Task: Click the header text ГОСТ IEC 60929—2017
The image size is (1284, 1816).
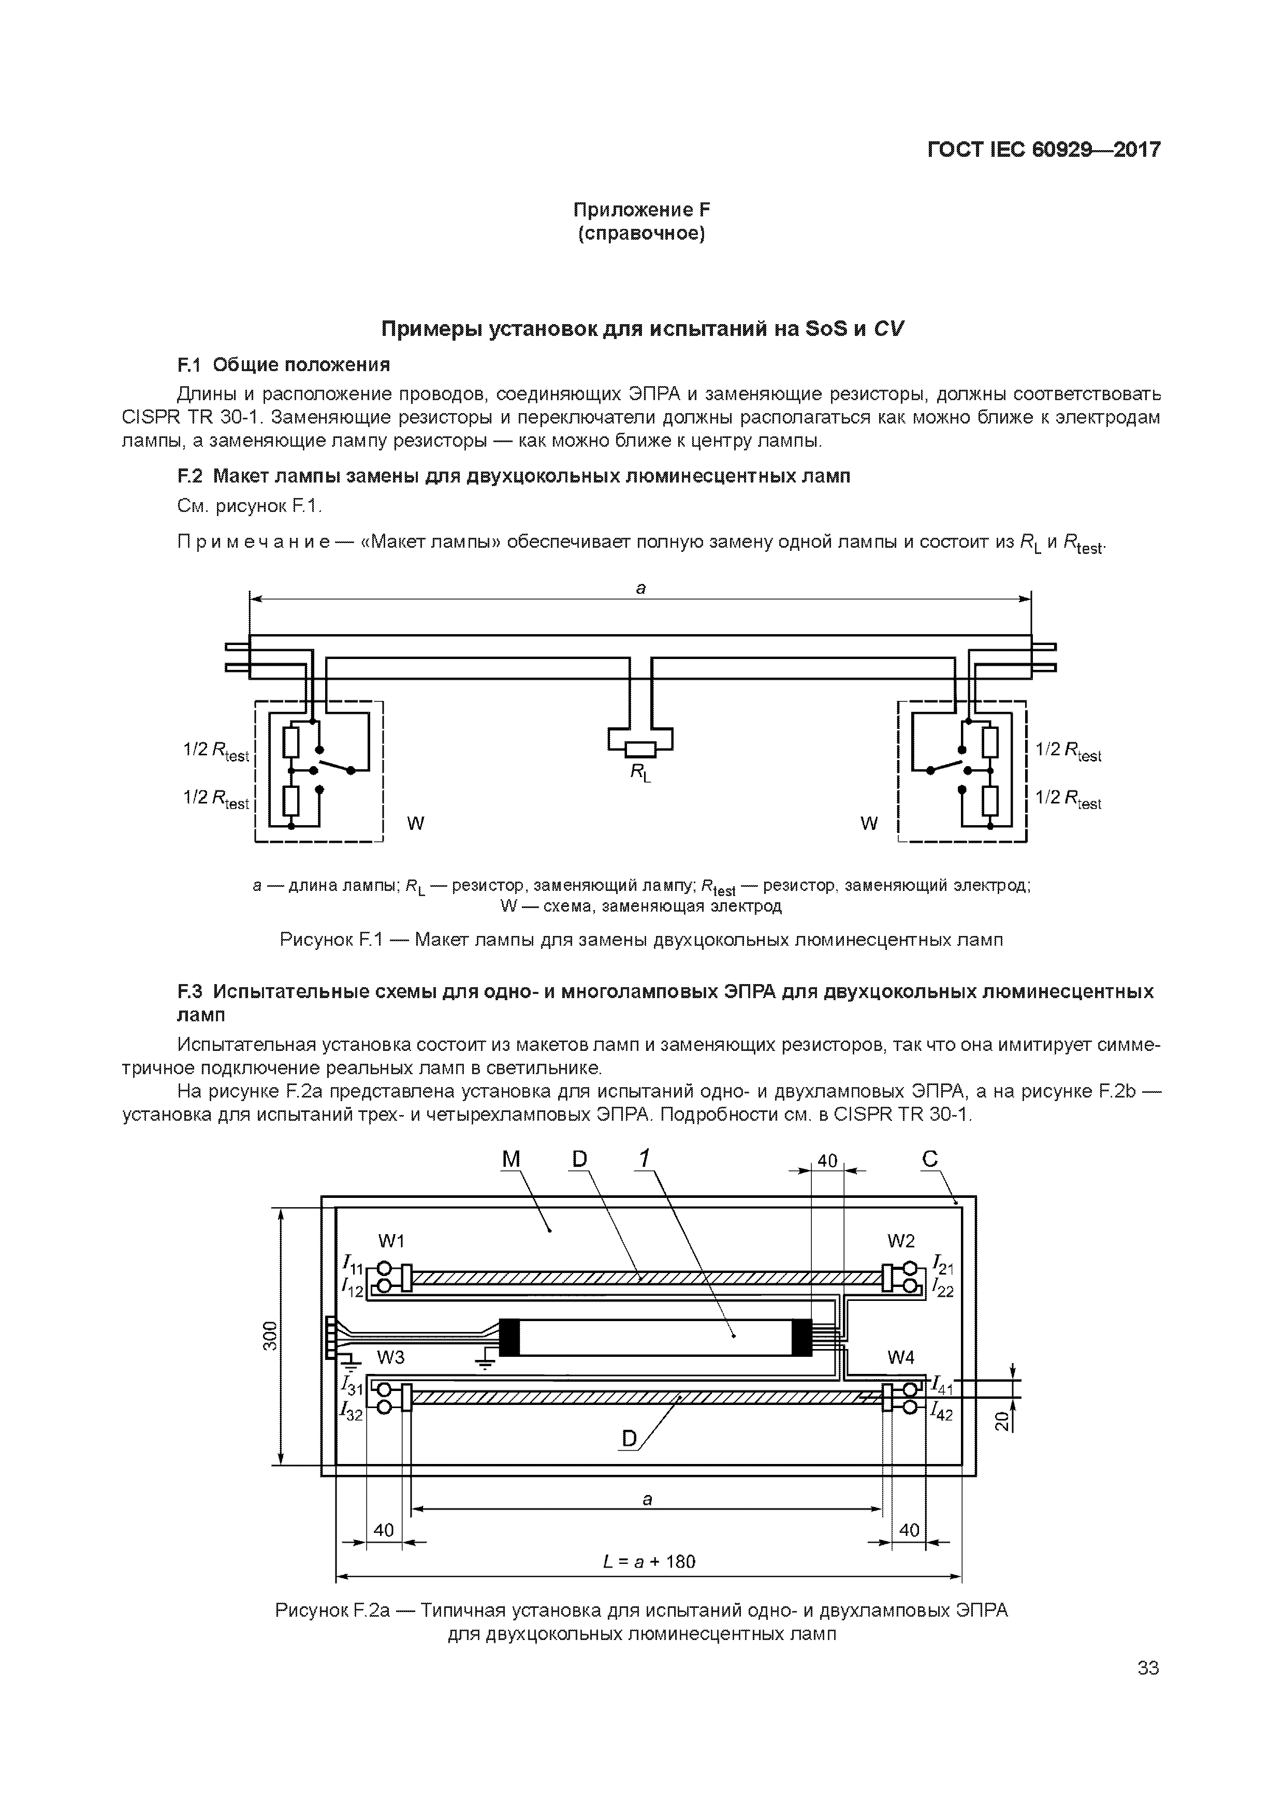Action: click(x=1043, y=150)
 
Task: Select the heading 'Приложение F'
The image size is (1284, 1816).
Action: click(x=641, y=210)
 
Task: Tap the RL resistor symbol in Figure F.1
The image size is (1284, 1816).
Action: click(x=641, y=748)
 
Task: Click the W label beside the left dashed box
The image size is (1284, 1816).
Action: click(x=415, y=824)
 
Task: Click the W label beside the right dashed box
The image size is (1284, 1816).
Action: click(x=869, y=824)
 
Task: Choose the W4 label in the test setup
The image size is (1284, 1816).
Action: click(x=901, y=1357)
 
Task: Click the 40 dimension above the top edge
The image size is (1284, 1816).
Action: click(x=827, y=1161)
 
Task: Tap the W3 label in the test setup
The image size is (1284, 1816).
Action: click(x=391, y=1357)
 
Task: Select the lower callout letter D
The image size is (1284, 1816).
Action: click(x=629, y=1439)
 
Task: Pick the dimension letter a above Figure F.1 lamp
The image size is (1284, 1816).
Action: click(x=641, y=588)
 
